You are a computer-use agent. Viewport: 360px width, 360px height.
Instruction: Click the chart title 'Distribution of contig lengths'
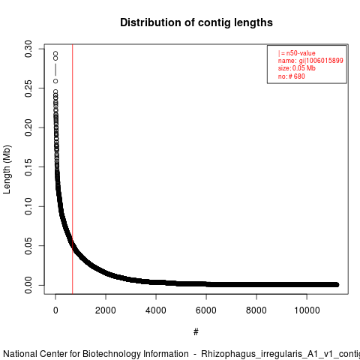pos(196,22)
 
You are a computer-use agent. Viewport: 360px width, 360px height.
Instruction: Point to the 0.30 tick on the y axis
pos(28,49)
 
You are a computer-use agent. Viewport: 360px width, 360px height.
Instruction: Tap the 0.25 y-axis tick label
pos(28,88)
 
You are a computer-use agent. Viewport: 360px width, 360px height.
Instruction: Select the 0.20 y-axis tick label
pos(28,127)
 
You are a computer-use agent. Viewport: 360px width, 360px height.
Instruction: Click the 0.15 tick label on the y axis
pos(28,167)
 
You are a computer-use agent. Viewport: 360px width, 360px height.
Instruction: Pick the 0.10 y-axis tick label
pos(28,206)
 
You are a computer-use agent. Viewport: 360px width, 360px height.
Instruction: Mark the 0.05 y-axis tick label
pos(28,246)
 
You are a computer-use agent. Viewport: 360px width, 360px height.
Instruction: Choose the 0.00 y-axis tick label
pos(28,285)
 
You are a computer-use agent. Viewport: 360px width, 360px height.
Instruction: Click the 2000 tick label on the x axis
pos(106,310)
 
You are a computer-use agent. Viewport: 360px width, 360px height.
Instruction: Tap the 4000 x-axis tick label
pos(156,310)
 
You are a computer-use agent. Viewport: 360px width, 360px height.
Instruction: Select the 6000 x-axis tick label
pos(206,310)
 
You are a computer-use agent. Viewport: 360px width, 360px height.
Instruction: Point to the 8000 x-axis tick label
pos(256,310)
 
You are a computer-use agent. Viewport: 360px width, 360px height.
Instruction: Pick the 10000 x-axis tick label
pos(307,310)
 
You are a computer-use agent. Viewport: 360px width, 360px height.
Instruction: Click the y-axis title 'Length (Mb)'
pos(7,169)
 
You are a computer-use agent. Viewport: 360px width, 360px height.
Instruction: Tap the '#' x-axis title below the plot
pos(196,332)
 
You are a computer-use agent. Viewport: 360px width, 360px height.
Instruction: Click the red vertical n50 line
pos(73,169)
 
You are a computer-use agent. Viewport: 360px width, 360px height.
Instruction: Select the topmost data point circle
pos(55,53)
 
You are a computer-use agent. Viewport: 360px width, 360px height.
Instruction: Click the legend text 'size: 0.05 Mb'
pos(297,68)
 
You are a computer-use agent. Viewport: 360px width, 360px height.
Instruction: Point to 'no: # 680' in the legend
pos(292,76)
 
